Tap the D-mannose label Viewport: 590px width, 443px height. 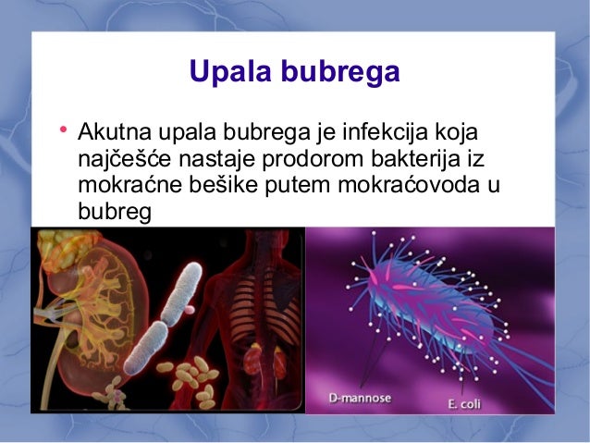(x=360, y=399)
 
